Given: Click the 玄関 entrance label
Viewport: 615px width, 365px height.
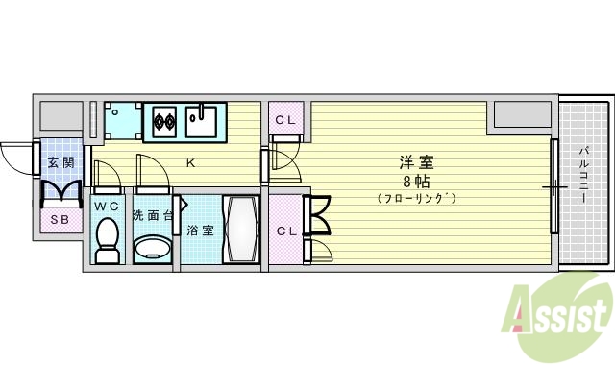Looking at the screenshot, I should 60,162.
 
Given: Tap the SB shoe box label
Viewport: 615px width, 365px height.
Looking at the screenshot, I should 60,218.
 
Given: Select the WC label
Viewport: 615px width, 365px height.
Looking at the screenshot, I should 107,207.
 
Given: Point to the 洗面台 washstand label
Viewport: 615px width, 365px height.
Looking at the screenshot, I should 153,214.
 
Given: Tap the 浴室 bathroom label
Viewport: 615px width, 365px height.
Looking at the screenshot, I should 200,231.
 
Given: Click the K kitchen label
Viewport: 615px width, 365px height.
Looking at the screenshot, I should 190,162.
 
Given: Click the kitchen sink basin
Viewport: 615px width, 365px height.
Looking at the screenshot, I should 204,123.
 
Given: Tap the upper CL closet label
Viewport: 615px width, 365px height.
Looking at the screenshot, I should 285,120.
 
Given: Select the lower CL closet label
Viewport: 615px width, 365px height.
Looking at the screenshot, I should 285,231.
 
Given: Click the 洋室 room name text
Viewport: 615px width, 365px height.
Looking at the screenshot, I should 415,160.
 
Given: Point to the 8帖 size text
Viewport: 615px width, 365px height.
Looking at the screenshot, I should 415,180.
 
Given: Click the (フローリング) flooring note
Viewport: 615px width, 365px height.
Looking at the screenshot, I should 415,198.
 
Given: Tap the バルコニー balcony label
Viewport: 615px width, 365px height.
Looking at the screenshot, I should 584,173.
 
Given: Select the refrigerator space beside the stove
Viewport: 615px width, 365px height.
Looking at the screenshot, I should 122,120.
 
